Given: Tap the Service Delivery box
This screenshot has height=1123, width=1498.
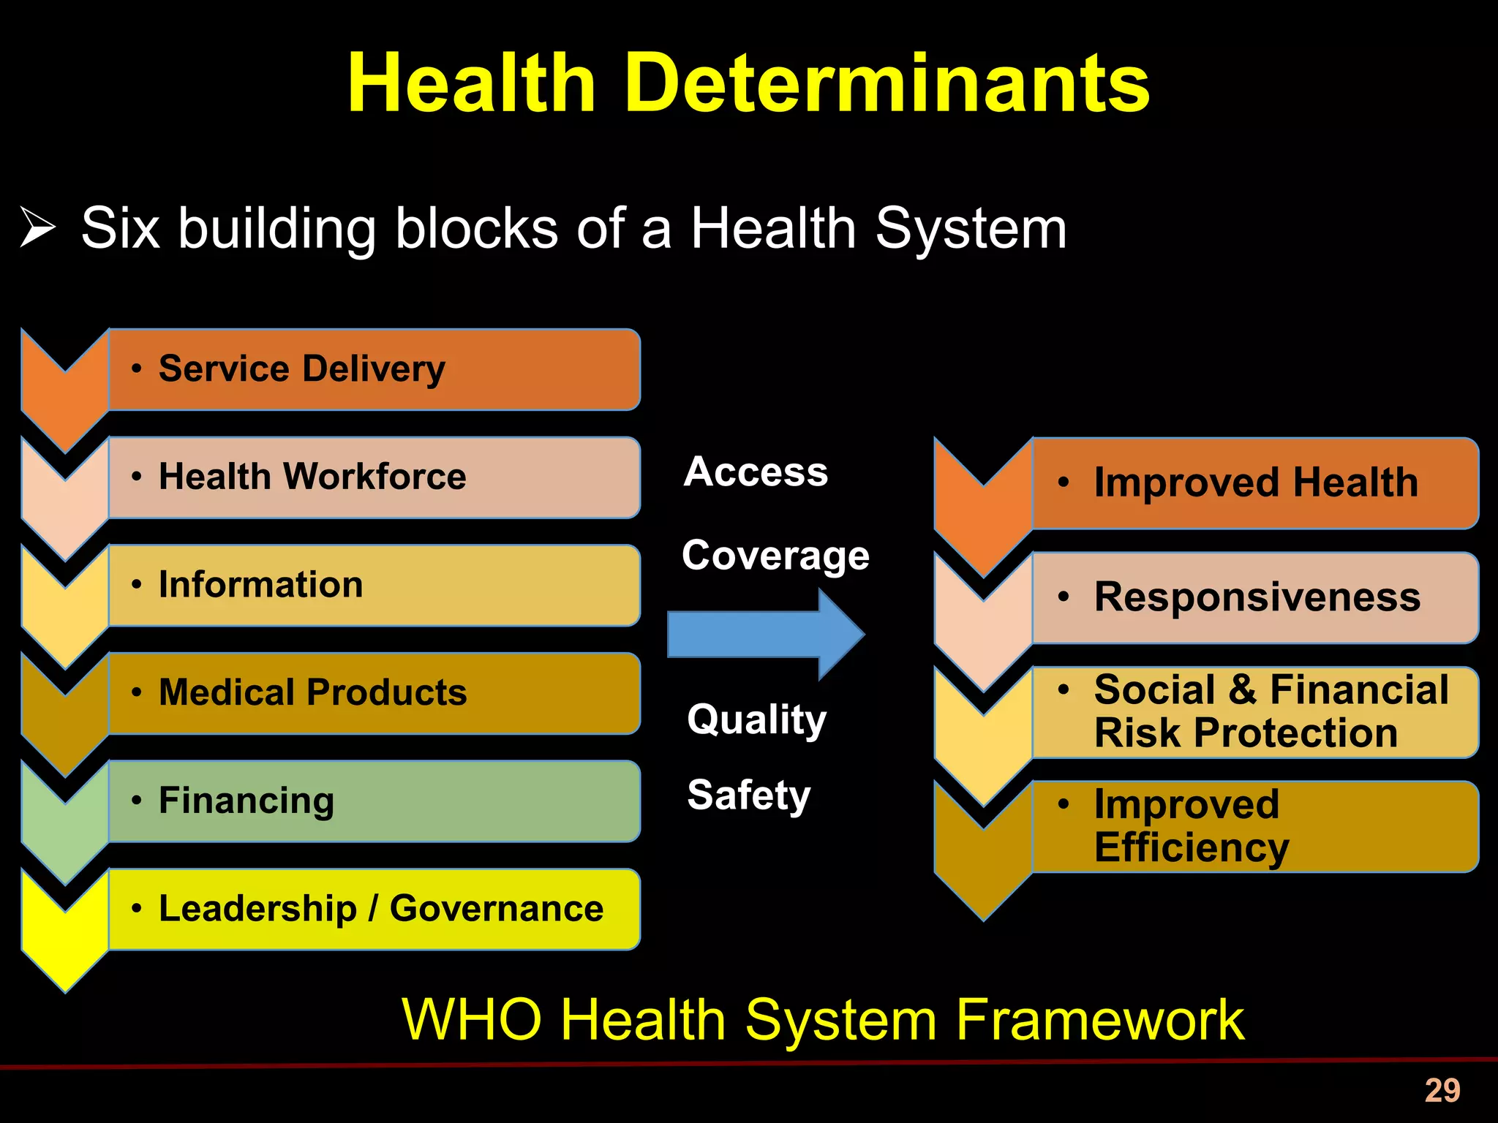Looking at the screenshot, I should point(374,369).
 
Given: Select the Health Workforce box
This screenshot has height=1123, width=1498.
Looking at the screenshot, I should point(374,477).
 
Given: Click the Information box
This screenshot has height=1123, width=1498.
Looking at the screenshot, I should point(374,585).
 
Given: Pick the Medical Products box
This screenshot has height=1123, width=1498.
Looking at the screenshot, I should point(374,693).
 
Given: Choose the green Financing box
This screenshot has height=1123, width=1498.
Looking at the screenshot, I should point(374,801).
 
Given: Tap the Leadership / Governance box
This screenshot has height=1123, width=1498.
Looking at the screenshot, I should point(374,909).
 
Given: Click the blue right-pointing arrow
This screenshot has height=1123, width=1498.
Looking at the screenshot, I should point(765,634).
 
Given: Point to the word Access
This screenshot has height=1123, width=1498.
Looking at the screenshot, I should point(756,472).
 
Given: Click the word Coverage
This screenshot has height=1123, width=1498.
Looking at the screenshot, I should point(775,555).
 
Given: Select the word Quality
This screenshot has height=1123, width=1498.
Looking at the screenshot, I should point(756,719).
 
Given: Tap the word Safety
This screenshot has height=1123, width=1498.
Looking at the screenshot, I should point(749,795).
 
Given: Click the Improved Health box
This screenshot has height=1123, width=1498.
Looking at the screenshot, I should point(1255,483).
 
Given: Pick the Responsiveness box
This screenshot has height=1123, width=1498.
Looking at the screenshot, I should point(1255,598).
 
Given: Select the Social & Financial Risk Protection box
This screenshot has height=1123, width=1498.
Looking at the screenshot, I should point(1255,712).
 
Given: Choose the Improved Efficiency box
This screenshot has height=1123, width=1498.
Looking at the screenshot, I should point(1255,826).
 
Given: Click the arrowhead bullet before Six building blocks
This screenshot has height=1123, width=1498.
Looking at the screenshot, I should point(37,227).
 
